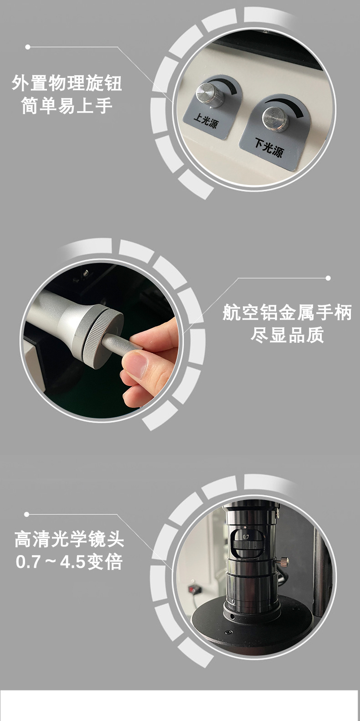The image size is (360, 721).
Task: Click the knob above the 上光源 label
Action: pos(210,95)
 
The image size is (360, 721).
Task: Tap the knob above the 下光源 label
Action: pos(276,119)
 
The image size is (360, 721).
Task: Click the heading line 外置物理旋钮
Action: pos(67,83)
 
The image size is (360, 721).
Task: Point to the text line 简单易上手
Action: pos(67,106)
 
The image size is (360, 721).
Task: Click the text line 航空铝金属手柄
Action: pos(287,313)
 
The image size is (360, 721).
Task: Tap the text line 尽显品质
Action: pos(287,335)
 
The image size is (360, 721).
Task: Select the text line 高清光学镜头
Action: pos(69,540)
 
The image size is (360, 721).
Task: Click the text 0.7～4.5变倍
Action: pos(69,562)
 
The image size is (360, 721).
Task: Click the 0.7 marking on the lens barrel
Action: pos(246,536)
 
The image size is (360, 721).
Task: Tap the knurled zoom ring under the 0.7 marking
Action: pos(247,545)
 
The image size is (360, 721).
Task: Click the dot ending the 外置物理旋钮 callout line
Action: pos(28,47)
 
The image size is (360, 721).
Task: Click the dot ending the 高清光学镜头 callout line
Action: pos(26,514)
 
